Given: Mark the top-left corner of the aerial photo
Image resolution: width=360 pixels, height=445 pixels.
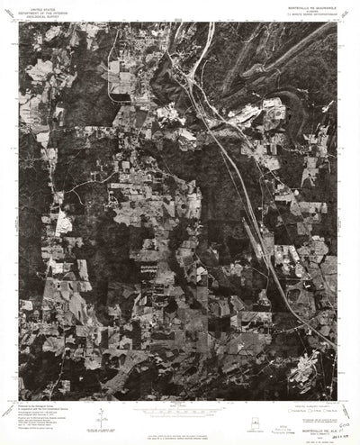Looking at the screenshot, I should point(20,22).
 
